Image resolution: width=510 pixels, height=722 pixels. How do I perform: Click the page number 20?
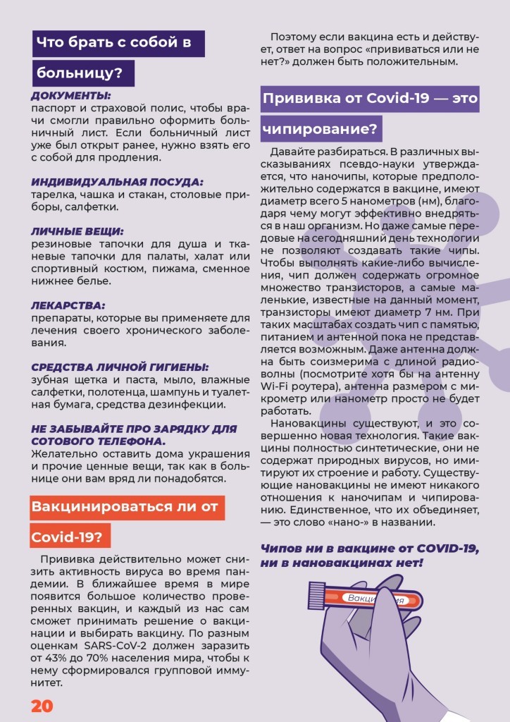[42, 706]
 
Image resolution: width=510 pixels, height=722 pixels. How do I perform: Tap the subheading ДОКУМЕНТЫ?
[70, 96]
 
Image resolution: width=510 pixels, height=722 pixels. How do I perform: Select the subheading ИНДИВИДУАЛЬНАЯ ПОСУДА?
[117, 181]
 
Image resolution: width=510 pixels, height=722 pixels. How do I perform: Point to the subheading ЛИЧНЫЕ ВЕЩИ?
[77, 231]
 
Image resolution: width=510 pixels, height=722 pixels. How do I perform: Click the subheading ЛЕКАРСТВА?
[68, 306]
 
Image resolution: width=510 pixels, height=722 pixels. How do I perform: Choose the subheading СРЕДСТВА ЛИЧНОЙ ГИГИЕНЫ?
[120, 367]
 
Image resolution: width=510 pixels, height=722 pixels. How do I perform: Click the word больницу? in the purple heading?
[83, 73]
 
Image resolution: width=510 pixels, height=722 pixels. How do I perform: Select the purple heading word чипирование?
[321, 129]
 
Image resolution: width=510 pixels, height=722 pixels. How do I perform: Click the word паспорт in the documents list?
[52, 109]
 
